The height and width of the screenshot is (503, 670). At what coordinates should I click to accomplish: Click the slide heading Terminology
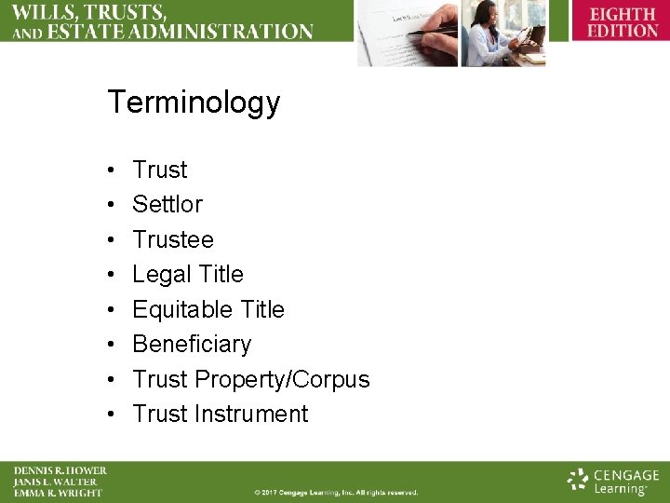pyautogui.click(x=194, y=102)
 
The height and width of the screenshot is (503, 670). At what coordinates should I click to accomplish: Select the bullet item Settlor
pyautogui.click(x=167, y=204)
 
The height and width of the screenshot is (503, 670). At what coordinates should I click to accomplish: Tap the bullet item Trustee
pyautogui.click(x=173, y=239)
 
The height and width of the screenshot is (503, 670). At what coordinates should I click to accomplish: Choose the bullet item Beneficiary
pyautogui.click(x=192, y=344)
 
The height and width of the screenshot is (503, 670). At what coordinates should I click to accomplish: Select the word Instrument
pyautogui.click(x=251, y=414)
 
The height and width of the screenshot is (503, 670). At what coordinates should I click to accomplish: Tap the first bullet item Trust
pyautogui.click(x=160, y=170)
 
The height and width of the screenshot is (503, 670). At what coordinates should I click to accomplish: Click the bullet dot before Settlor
pyautogui.click(x=111, y=205)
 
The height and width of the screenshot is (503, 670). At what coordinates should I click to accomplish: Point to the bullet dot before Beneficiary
pyautogui.click(x=111, y=345)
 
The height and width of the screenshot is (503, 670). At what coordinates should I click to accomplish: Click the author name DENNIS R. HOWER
pyautogui.click(x=60, y=470)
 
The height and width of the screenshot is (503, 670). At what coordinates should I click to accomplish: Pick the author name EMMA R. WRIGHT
pyautogui.click(x=58, y=493)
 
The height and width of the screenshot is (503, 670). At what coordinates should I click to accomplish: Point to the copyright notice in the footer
pyautogui.click(x=336, y=492)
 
